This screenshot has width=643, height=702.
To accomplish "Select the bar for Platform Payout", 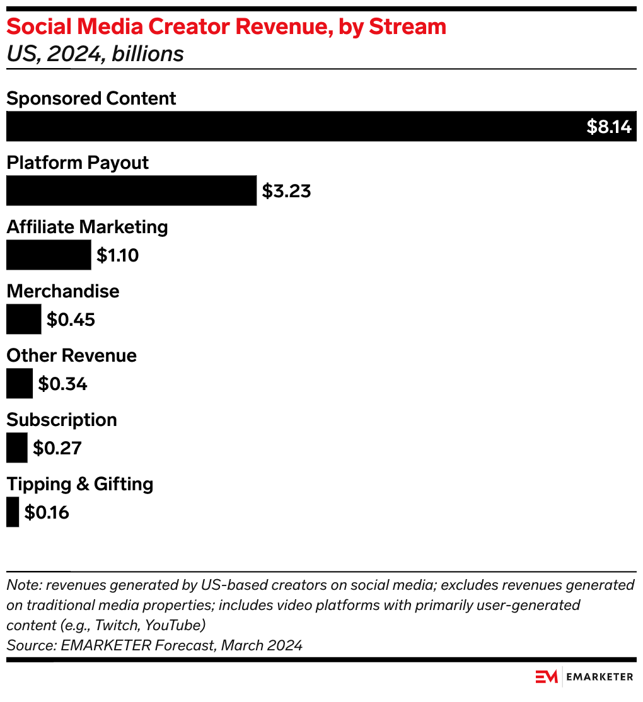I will [131, 190].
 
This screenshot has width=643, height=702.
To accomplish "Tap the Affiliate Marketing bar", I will [49, 255].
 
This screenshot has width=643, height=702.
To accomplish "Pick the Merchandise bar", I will [23, 319].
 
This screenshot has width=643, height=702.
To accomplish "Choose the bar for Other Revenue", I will [19, 383].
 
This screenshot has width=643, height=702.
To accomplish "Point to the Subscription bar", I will [16, 447].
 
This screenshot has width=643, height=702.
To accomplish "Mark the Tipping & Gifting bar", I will [13, 512].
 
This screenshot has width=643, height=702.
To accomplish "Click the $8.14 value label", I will [608, 127].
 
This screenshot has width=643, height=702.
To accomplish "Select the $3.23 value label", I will [286, 191].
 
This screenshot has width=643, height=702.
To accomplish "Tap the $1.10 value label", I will [117, 255].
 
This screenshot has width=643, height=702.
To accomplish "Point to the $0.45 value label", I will [71, 319].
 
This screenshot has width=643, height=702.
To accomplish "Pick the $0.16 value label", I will [47, 512].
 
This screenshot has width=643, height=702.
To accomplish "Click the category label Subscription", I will [62, 420].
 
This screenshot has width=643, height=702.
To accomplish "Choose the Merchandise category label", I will [62, 291].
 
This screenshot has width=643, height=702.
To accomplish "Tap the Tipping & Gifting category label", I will [79, 484].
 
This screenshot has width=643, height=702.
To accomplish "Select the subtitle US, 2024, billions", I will [95, 54].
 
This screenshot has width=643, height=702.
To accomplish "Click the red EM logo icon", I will [547, 677].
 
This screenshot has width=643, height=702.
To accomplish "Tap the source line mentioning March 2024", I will [154, 645].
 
